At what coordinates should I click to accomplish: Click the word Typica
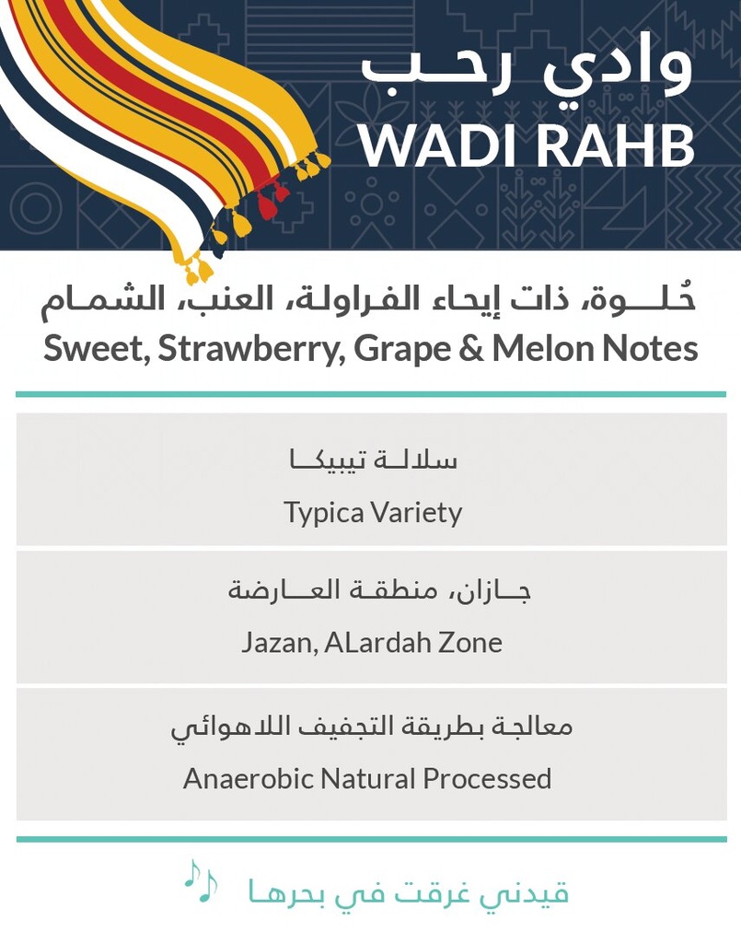tap(323, 513)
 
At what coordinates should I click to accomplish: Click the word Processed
tap(487, 778)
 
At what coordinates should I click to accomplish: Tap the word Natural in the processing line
tap(369, 778)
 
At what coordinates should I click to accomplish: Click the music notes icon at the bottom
tap(200, 881)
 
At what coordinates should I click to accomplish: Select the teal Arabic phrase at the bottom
tap(408, 891)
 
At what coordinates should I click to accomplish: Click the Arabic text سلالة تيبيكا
tap(373, 460)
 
